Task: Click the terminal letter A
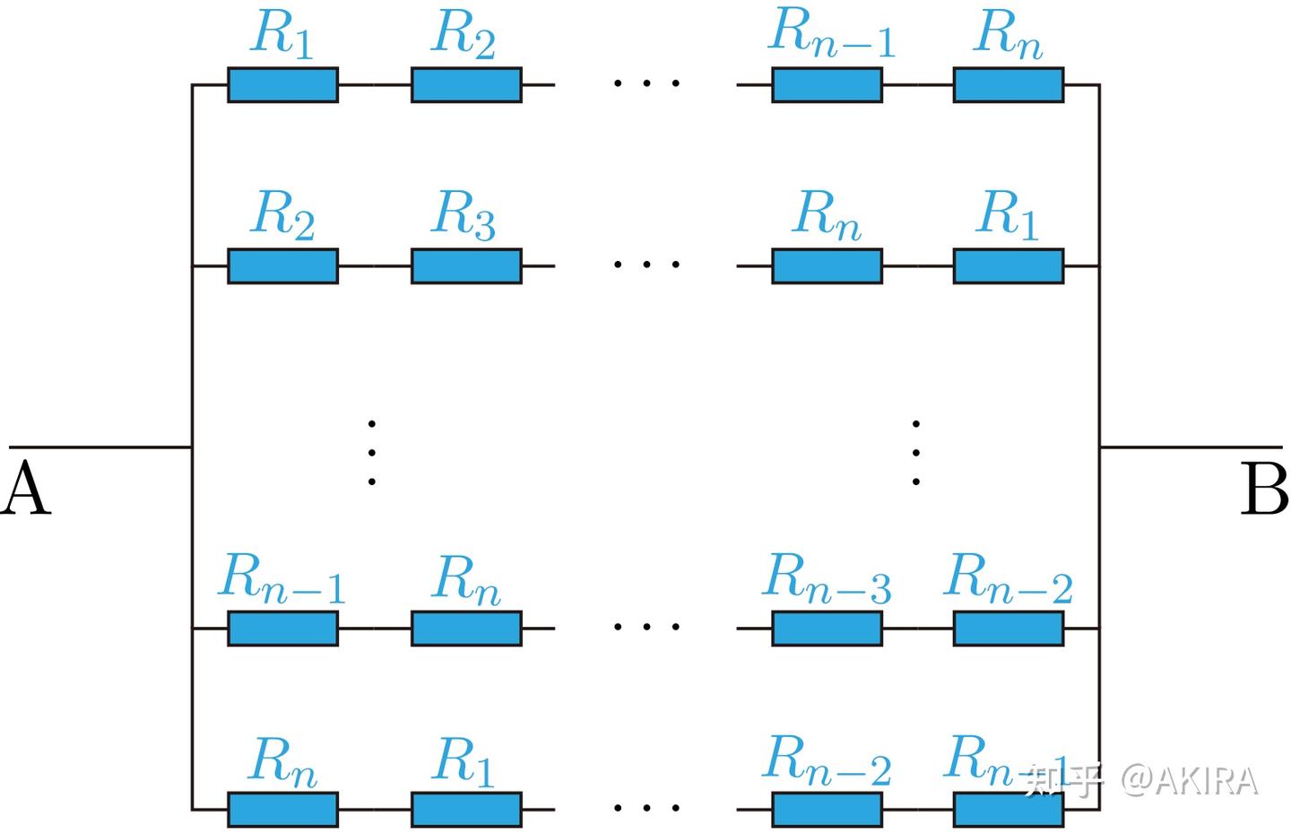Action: tap(26, 487)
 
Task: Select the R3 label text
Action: tap(463, 214)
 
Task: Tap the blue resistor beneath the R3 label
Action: tap(466, 265)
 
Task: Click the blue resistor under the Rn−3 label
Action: tap(827, 629)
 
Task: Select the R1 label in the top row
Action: tap(282, 33)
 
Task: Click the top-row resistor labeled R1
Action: tap(283, 85)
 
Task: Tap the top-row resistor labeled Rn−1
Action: tap(827, 85)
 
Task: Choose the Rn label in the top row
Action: tap(1008, 33)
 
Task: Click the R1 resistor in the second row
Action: tap(1009, 265)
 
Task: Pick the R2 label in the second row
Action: tap(282, 214)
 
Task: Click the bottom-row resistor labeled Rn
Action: tap(283, 810)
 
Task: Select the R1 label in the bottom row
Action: tap(463, 761)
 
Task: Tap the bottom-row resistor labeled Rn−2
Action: tap(827, 810)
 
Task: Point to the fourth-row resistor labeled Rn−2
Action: tap(1009, 629)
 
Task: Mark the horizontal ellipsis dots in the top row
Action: tap(646, 83)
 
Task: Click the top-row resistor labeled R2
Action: tap(466, 85)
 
